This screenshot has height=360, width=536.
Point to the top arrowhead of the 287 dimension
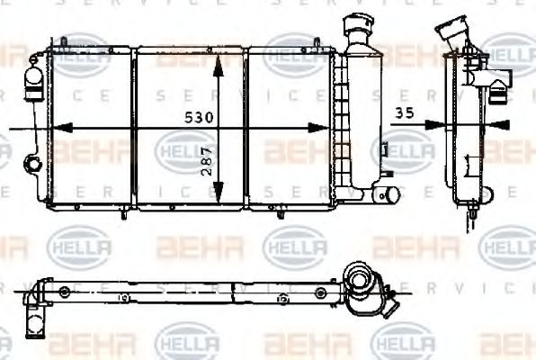click(216, 59)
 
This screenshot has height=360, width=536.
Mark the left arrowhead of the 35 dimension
click(432, 125)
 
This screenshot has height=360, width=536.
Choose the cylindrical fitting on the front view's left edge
click(33, 83)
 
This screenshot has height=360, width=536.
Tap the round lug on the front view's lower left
click(32, 164)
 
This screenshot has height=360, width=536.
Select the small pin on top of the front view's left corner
click(66, 40)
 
